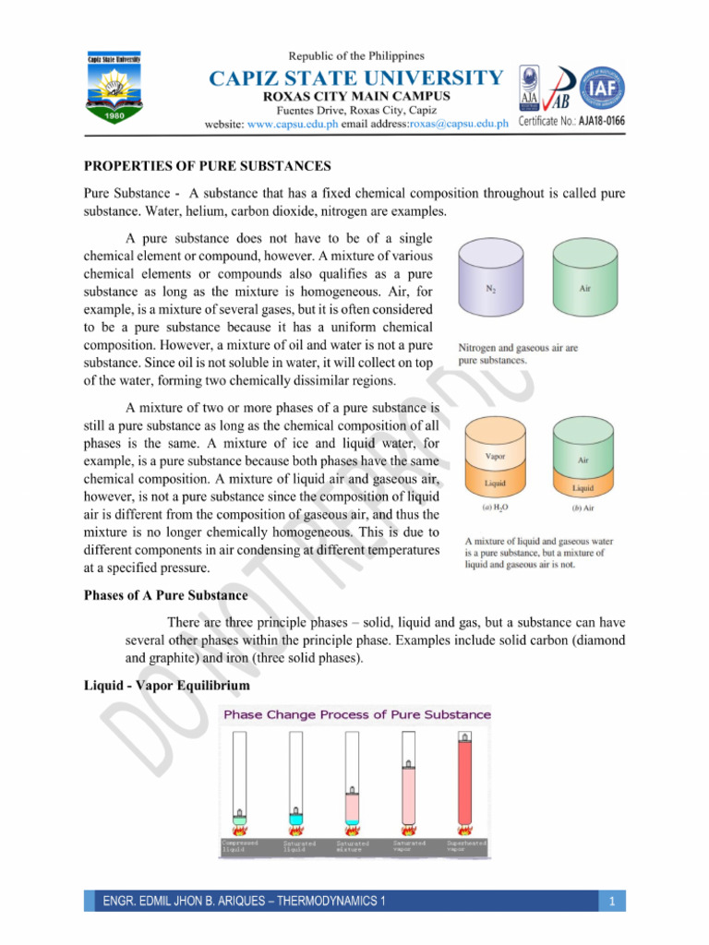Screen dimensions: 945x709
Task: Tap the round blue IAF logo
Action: pos(600,90)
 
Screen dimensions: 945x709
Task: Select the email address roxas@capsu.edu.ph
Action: pos(459,124)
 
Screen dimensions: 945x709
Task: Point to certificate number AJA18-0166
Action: pos(602,122)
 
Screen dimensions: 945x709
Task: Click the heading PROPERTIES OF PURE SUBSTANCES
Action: pos(208,166)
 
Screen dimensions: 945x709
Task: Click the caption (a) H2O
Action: pos(493,507)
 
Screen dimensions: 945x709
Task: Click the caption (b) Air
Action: pos(583,507)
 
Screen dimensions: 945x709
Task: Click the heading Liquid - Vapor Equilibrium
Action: pos(167,687)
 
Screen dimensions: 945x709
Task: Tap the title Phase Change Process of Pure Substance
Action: pos(356,715)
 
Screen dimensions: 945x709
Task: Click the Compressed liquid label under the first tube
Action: pos(239,845)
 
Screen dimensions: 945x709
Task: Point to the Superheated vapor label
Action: pos(467,845)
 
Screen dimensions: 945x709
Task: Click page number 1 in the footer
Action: pos(612,901)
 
